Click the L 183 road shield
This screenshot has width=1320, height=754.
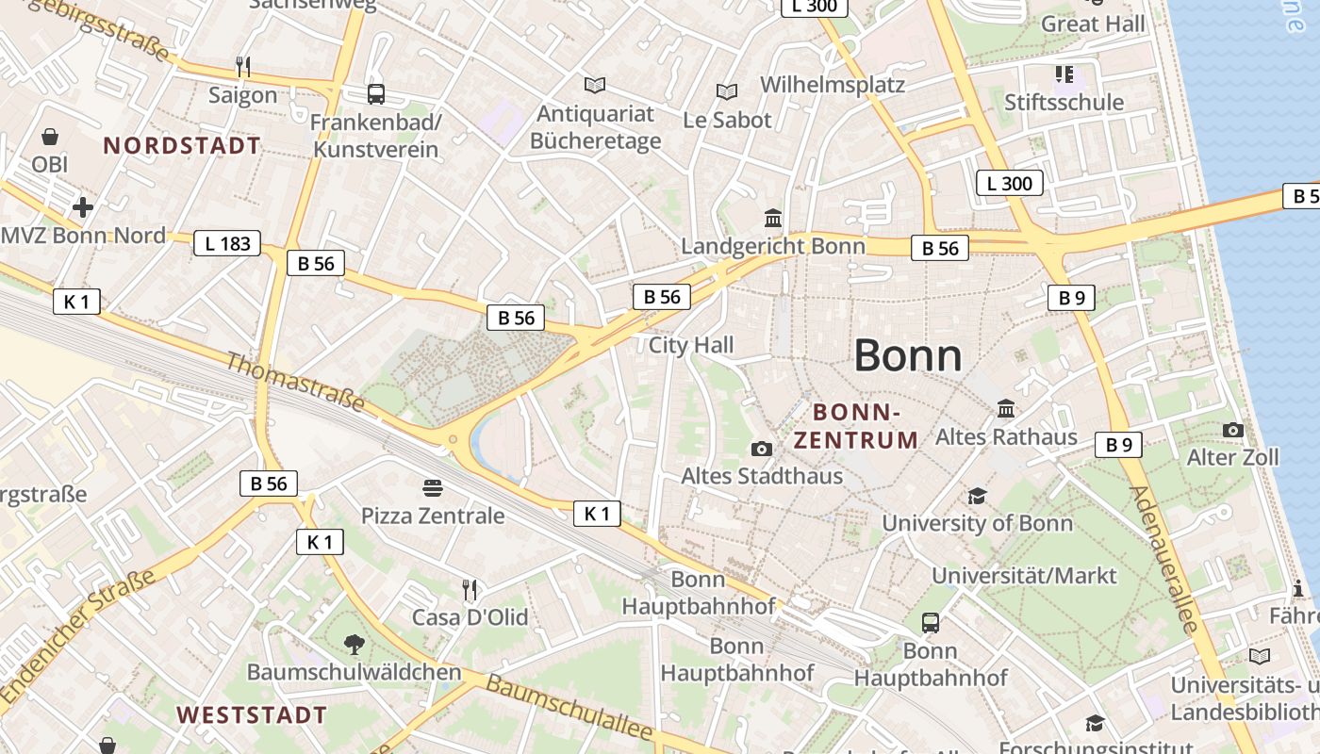click(227, 243)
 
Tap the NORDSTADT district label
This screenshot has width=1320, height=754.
click(182, 146)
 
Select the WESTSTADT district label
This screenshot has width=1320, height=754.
click(252, 714)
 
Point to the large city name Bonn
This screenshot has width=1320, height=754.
click(908, 356)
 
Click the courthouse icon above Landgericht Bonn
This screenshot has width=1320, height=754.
click(773, 218)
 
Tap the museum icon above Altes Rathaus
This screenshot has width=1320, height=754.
click(1006, 409)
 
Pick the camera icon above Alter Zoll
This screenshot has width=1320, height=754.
click(1232, 430)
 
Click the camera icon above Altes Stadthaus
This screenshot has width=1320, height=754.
click(762, 449)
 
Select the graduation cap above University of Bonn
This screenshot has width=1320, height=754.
click(977, 496)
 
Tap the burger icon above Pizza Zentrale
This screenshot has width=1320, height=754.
click(433, 487)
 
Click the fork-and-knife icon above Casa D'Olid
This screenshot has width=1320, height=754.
click(470, 590)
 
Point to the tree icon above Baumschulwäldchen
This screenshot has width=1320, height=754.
click(355, 645)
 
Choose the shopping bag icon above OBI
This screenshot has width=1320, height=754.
click(50, 137)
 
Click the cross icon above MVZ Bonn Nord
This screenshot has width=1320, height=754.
click(83, 207)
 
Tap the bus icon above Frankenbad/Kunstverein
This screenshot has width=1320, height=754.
click(375, 94)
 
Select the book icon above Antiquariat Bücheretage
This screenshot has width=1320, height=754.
click(594, 86)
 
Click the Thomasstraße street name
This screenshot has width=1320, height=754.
click(295, 381)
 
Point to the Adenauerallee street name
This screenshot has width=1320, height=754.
click(1163, 560)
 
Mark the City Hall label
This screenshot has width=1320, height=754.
click(691, 345)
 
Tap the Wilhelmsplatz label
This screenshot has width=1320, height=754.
click(833, 84)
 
